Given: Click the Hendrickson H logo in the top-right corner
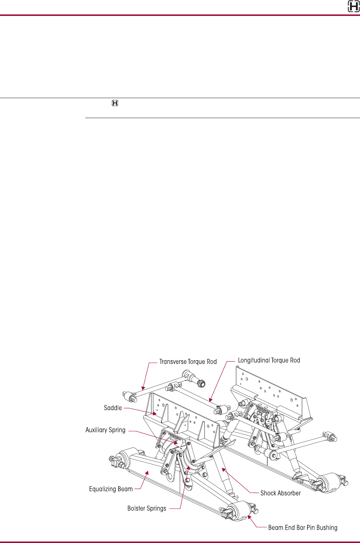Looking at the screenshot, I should pyautogui.click(x=353, y=7).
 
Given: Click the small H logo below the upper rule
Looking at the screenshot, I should pyautogui.click(x=115, y=103).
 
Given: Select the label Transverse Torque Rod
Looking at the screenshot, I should pyautogui.click(x=188, y=362).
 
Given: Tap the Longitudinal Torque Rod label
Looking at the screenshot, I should pyautogui.click(x=269, y=360).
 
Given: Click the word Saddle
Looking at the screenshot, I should pyautogui.click(x=113, y=408).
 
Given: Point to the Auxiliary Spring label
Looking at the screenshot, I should pyautogui.click(x=106, y=430).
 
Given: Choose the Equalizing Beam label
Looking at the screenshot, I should pyautogui.click(x=111, y=489).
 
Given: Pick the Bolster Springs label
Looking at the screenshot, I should pyautogui.click(x=147, y=508).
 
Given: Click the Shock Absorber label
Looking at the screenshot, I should pyautogui.click(x=280, y=493).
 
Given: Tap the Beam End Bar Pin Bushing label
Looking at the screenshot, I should pyautogui.click(x=303, y=527).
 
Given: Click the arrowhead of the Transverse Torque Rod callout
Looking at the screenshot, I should pyautogui.click(x=142, y=389).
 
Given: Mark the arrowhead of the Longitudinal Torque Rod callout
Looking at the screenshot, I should pyautogui.click(x=210, y=401).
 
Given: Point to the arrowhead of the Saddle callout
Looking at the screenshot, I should pyautogui.click(x=157, y=414).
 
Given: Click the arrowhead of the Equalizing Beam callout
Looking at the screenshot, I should pyautogui.click(x=147, y=472).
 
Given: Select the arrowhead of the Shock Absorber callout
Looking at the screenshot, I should pyautogui.click(x=223, y=469).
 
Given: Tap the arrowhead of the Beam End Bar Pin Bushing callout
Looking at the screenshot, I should pyautogui.click(x=249, y=516).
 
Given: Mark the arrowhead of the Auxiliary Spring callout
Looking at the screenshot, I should pyautogui.click(x=177, y=443).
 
